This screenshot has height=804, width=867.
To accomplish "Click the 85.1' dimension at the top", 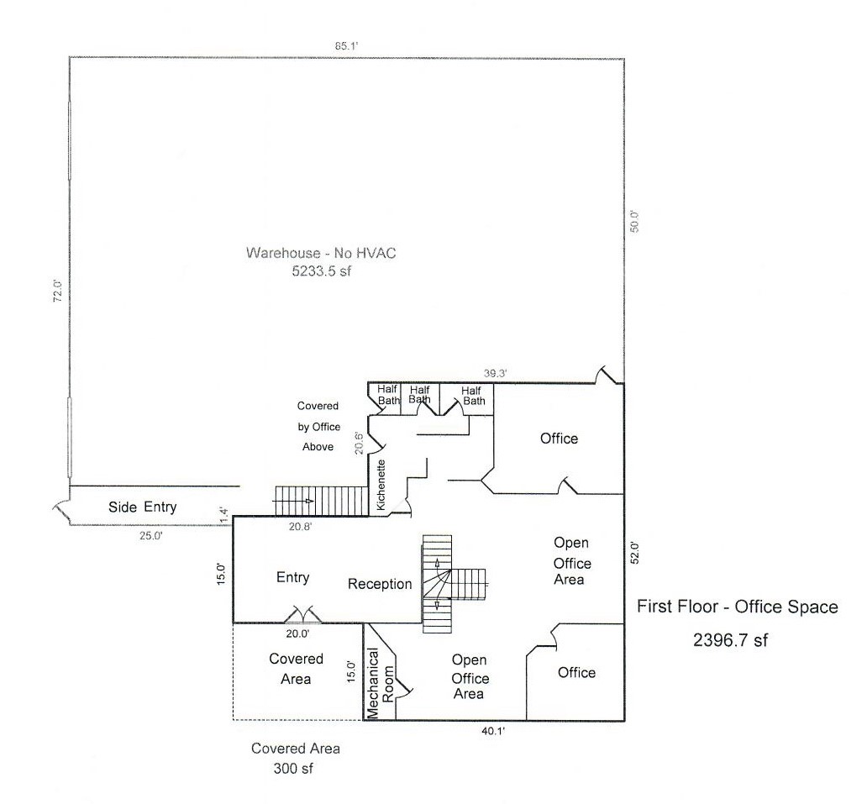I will [346, 47].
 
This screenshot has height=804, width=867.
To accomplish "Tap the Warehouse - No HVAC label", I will [320, 252].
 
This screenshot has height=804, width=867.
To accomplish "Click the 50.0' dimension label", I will [635, 220].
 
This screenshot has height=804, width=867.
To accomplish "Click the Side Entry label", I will [142, 507].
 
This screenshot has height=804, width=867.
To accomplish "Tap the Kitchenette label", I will [381, 486].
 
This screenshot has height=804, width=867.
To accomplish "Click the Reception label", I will [380, 584].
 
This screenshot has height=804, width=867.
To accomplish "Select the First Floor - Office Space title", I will [736, 607].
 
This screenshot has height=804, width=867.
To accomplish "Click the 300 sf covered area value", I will [295, 768].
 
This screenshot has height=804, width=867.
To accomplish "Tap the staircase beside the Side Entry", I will [321, 502].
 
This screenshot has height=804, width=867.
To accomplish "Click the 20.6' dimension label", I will [358, 442].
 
